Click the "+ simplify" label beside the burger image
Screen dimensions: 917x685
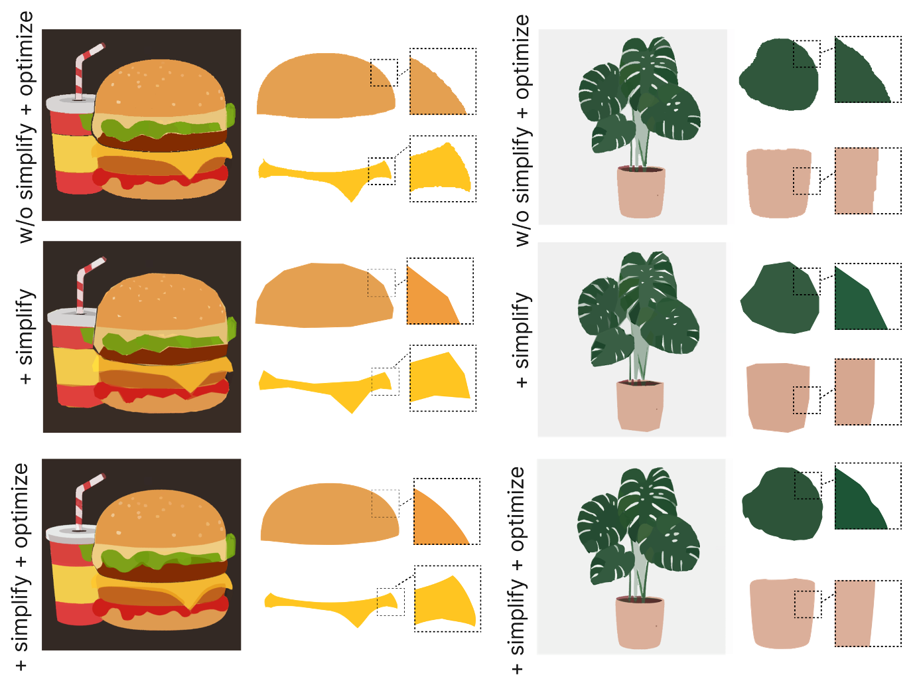[27, 337]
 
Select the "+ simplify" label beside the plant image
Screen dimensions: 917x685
[522, 340]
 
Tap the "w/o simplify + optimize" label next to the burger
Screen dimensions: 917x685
[26, 127]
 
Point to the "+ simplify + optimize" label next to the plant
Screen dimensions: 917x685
[518, 570]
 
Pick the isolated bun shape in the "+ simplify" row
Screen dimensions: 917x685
[324, 295]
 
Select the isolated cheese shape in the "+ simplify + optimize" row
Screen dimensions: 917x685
[331, 609]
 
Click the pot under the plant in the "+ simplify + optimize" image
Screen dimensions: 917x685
[640, 623]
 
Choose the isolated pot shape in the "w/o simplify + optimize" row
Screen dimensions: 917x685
[779, 183]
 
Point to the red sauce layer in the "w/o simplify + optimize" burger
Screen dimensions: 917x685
[161, 177]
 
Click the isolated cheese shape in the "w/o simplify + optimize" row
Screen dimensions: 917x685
[326, 178]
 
